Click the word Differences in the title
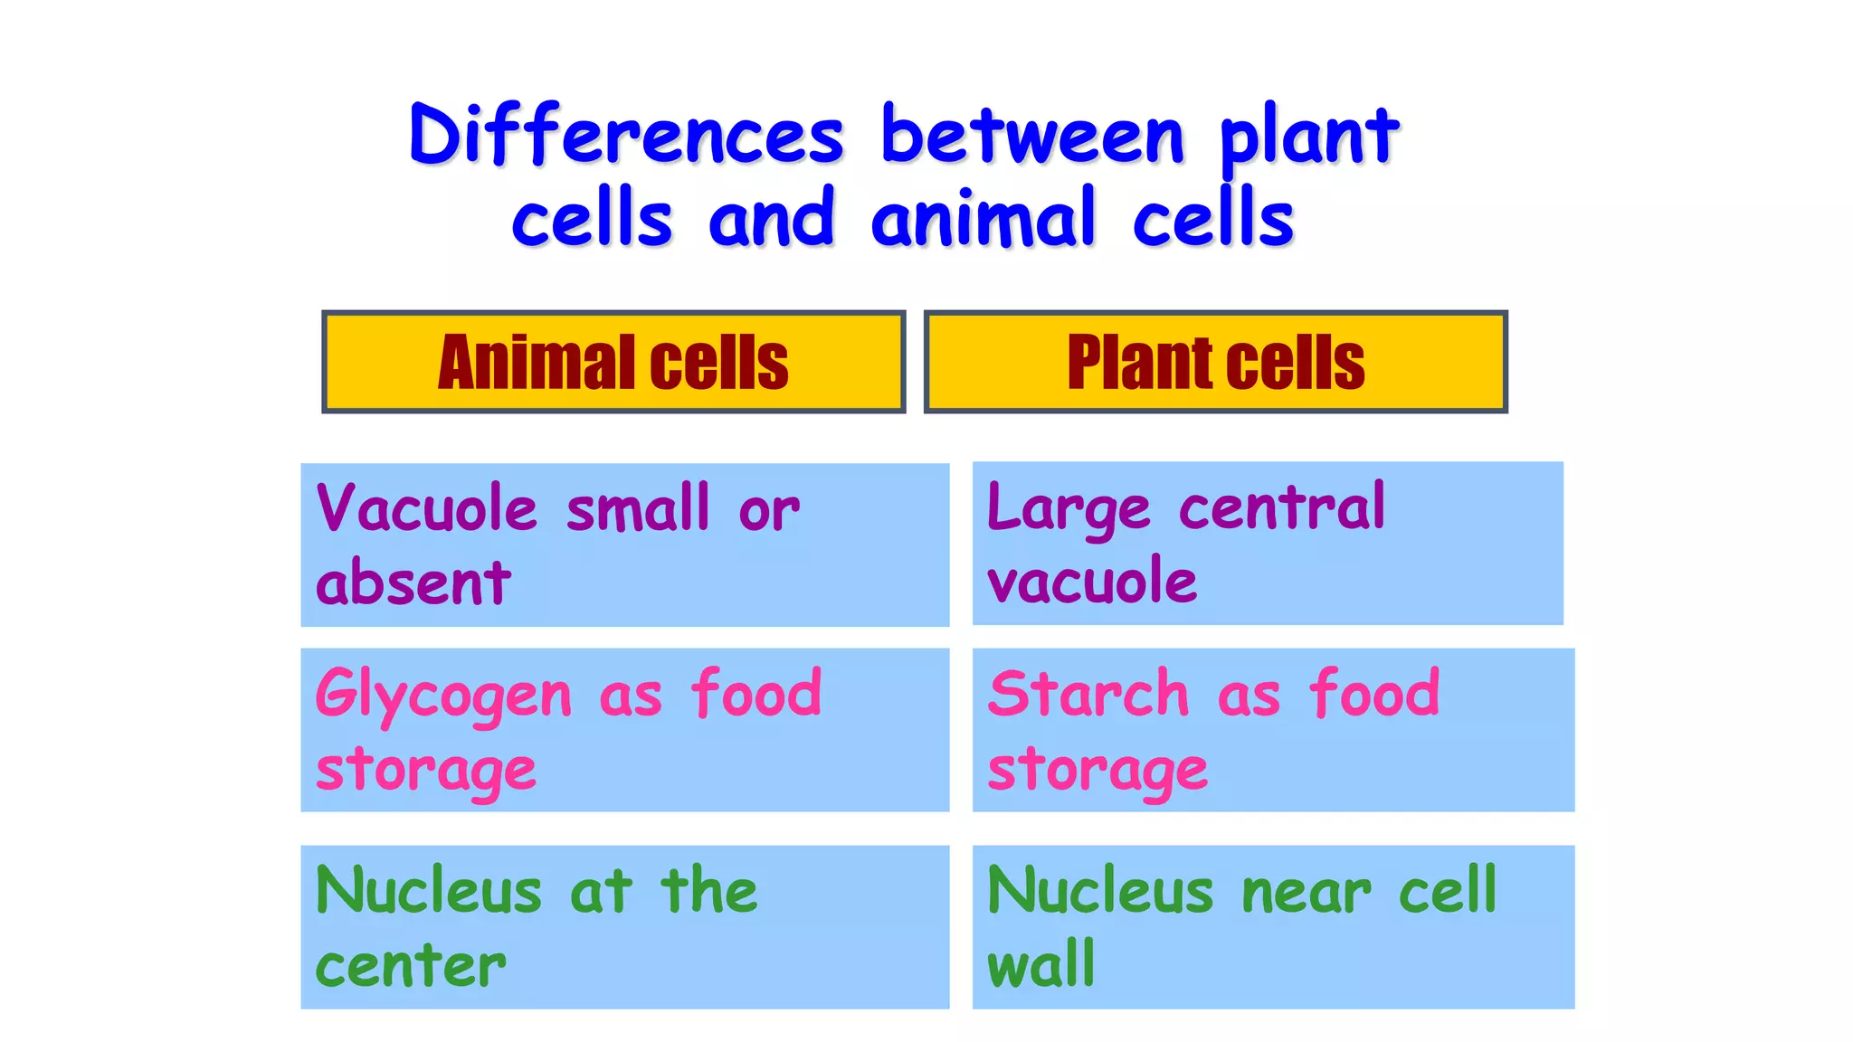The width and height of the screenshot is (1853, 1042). click(x=626, y=136)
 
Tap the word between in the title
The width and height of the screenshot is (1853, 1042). click(x=1032, y=136)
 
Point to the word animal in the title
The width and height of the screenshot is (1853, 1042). click(x=984, y=219)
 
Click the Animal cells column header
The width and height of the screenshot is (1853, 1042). click(x=613, y=362)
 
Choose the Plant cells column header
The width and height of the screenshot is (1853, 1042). click(x=1215, y=362)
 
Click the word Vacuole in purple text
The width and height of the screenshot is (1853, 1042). click(x=427, y=508)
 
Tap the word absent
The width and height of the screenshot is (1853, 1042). click(x=413, y=583)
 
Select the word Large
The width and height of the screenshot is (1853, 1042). click(x=1069, y=510)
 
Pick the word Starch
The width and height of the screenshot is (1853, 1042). click(x=1088, y=695)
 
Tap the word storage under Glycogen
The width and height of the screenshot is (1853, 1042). click(x=426, y=771)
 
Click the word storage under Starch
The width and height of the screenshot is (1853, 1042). click(x=1098, y=771)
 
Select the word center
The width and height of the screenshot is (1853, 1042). click(x=411, y=966)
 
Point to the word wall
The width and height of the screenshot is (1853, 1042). click(x=1041, y=964)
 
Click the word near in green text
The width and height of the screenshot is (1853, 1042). click(x=1306, y=892)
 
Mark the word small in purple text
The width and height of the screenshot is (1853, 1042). click(x=638, y=508)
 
